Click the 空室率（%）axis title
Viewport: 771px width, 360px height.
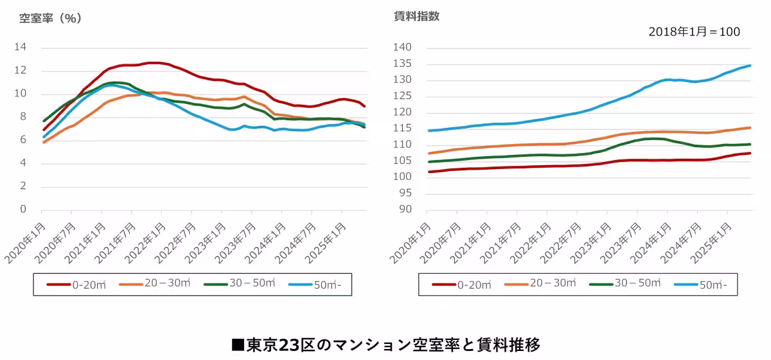tap(51, 18)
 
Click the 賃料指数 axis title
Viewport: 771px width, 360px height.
tap(416, 17)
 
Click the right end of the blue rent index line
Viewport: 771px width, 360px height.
tap(750, 66)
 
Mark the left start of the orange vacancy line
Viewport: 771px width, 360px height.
tap(44, 142)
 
